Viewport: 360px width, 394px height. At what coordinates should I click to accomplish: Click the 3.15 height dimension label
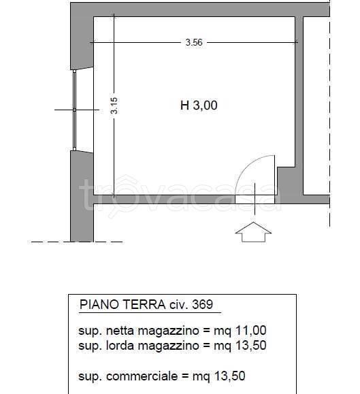114,105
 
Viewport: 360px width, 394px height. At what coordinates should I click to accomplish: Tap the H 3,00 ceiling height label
199,105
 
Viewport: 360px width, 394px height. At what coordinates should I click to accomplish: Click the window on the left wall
75,109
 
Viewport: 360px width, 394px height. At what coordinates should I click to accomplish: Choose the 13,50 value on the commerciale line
229,375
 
